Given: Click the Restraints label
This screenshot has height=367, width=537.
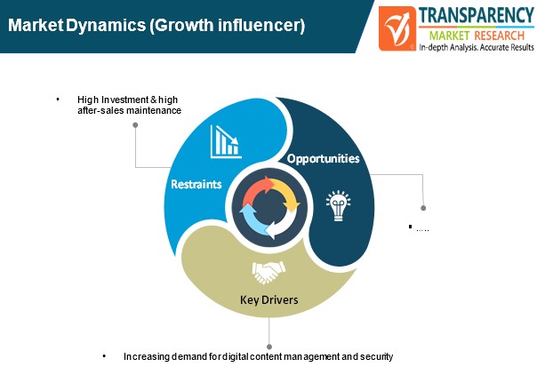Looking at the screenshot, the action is point(196,184).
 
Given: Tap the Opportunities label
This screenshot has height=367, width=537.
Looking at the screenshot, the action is point(324,158).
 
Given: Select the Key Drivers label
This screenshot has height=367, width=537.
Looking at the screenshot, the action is point(269,299).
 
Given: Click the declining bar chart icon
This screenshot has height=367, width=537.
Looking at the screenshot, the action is point(226,141).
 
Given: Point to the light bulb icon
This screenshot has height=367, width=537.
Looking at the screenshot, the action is point(338,205).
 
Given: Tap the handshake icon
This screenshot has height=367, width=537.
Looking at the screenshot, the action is point(268,273).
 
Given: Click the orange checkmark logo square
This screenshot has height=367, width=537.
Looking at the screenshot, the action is point(397,28).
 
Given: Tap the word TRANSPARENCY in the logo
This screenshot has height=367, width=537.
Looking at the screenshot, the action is point(477,15).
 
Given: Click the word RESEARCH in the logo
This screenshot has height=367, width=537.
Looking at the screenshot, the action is point(500,36).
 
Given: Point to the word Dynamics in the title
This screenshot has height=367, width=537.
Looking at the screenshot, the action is point(106,26).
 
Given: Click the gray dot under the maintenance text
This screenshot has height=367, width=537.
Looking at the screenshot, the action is point(135,125).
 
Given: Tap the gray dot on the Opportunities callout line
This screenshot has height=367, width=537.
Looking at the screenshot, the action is point(423,208).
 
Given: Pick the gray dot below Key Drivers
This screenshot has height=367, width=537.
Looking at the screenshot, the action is point(269,347).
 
